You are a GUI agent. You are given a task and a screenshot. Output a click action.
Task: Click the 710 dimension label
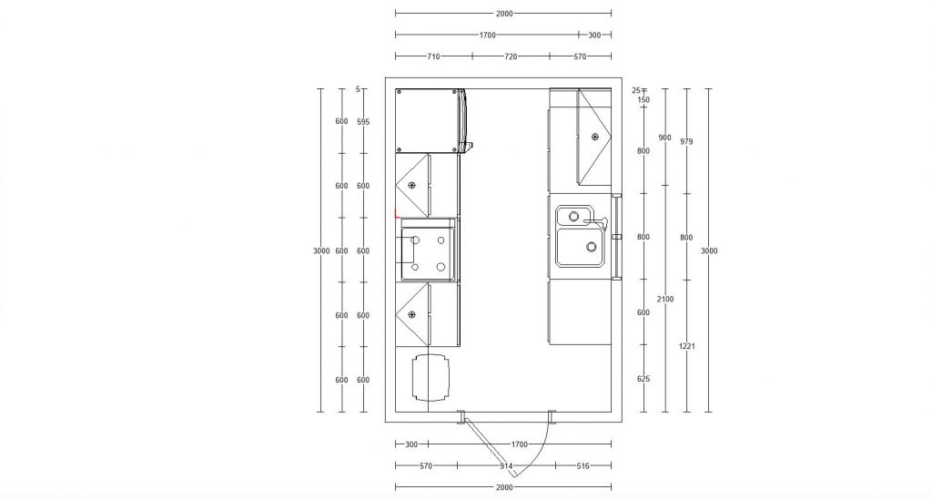pos(433,56)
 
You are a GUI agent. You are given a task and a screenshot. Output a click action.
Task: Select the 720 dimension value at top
pos(511,56)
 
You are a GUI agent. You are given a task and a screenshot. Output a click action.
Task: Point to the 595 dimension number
pos(363,121)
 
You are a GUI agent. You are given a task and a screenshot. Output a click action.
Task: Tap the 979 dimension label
pos(687,141)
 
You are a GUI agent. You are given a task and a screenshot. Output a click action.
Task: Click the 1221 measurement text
pos(687,346)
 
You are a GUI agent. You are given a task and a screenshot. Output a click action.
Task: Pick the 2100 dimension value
pos(665,298)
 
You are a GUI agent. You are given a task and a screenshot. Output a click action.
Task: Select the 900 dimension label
pos(665,138)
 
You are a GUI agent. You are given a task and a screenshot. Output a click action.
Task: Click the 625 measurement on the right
pos(643,379)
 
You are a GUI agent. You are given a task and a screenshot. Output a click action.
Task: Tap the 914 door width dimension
pos(507,466)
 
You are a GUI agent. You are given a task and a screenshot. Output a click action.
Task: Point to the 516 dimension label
pos(582,466)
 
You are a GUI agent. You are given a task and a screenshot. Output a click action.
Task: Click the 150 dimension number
pos(643,100)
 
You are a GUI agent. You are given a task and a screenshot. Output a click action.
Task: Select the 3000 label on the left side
pos(320,250)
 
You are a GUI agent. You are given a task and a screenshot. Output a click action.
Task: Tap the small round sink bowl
pos(574,217)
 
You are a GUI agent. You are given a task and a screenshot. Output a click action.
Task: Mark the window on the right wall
pos(617,237)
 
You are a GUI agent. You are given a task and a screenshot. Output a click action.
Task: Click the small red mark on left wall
pos(396,215)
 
